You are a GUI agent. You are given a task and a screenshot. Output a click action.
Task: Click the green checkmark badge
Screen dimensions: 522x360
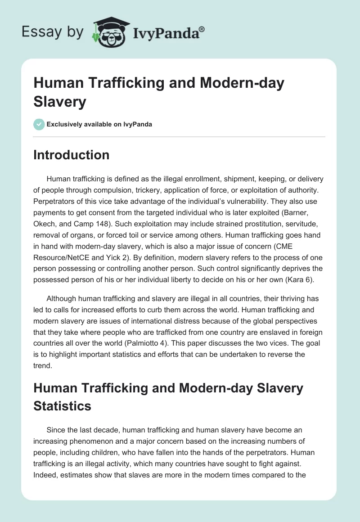pos(39,124)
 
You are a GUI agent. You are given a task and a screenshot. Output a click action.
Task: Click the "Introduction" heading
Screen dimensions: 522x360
pos(72,155)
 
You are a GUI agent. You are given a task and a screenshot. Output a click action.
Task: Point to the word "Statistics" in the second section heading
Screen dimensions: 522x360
pos(63,406)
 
